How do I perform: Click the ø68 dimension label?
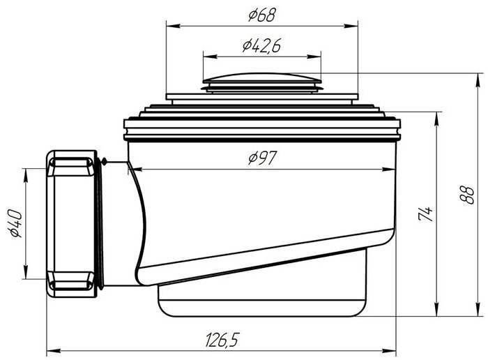tap(261, 15)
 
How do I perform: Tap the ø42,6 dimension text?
tap(261, 46)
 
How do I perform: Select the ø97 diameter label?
tap(262, 158)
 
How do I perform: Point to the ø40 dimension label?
tap(15, 223)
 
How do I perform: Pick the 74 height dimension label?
tap(425, 213)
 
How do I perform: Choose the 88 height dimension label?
tap(467, 195)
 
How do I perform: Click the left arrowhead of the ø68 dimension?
tap(174, 26)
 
